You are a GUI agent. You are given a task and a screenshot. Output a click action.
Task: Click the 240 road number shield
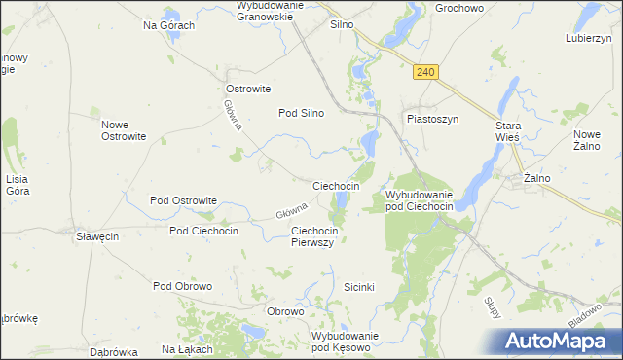click(425, 72)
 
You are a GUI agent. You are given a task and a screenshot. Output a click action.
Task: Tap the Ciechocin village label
click(336, 185)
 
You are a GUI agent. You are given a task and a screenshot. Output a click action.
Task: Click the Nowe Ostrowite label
click(124, 129)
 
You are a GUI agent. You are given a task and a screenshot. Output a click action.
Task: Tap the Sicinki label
click(360, 287)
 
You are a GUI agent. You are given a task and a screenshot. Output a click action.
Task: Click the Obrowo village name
click(286, 311)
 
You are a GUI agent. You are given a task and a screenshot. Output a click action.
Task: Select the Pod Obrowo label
click(182, 286)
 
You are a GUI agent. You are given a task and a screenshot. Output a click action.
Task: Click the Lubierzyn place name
click(587, 39)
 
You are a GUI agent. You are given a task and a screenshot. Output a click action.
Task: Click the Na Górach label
click(169, 25)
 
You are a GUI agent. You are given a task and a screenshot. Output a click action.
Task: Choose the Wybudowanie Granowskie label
click(272, 11)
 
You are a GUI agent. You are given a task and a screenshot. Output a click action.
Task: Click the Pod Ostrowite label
click(183, 200)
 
